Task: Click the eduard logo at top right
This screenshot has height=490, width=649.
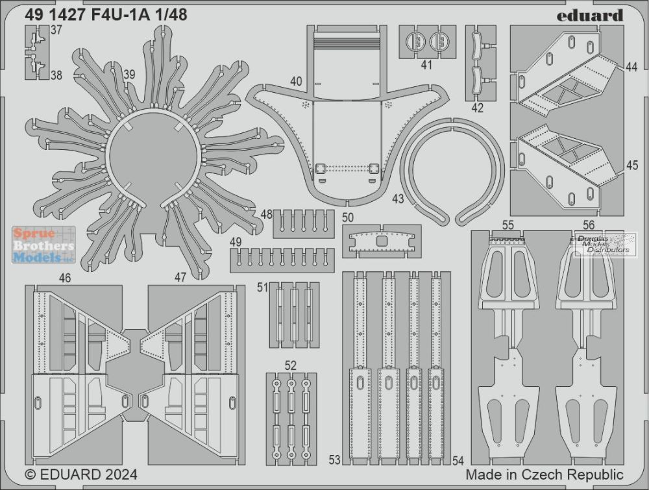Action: [x=590, y=16]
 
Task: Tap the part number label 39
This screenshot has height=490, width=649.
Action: [x=130, y=75]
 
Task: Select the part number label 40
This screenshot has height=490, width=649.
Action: [x=296, y=81]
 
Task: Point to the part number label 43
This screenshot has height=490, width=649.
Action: [x=398, y=199]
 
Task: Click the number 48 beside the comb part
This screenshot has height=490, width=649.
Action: [x=267, y=214]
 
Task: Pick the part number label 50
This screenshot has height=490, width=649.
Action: [x=348, y=217]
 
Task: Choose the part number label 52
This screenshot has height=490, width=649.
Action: [x=291, y=366]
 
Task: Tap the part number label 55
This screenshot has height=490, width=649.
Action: [x=508, y=225]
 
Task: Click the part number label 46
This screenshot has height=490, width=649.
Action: [x=65, y=278]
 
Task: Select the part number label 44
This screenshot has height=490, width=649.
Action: [x=631, y=67]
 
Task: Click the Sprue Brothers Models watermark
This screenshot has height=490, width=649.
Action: [x=43, y=245]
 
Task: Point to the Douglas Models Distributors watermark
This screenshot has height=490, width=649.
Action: [x=605, y=244]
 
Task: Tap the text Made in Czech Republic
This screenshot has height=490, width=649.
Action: [x=545, y=474]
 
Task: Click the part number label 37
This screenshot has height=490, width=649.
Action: [x=56, y=31]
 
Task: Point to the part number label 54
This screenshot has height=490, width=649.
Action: [x=458, y=460]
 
